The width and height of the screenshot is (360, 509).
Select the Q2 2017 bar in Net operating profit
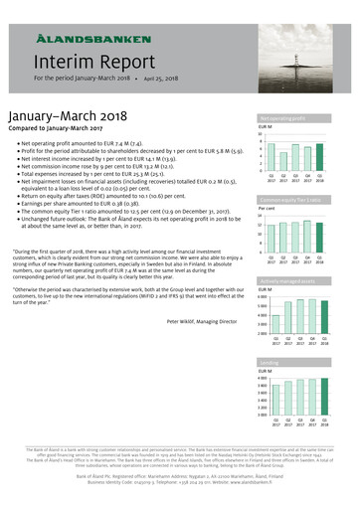point(283,160)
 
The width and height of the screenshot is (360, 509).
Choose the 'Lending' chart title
point(268,364)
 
